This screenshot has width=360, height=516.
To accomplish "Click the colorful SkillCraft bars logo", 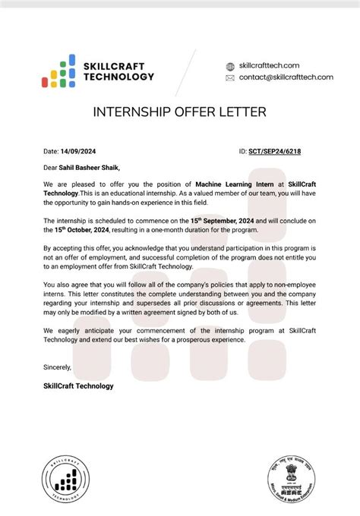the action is (x=58, y=71).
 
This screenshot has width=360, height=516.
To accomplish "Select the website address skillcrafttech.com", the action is (x=269, y=66).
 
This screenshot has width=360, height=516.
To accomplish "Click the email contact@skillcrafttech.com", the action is (x=286, y=77).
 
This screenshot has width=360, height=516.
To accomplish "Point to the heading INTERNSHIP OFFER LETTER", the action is (x=179, y=112).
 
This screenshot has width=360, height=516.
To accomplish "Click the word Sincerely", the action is (x=58, y=367).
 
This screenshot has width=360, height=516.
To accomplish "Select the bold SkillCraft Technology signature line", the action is (x=79, y=386).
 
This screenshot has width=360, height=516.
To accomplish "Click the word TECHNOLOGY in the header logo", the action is (x=118, y=77).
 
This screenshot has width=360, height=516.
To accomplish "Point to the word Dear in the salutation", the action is (x=51, y=168).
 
